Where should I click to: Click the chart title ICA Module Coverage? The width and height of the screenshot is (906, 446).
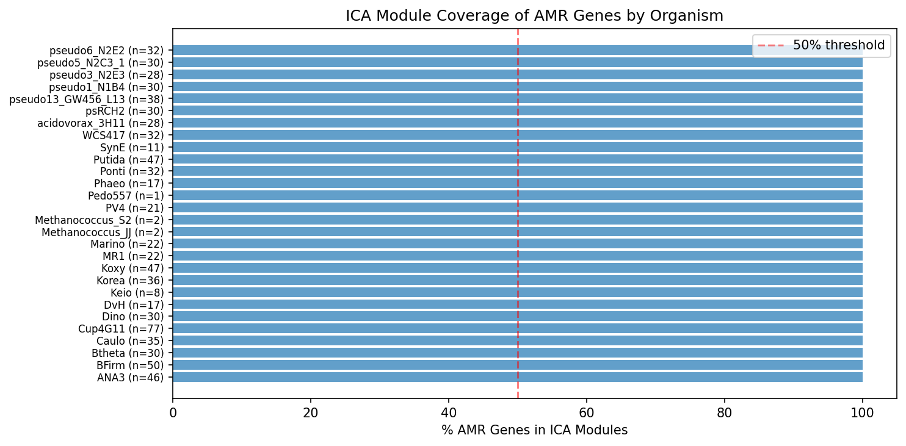pyautogui.click(x=534, y=16)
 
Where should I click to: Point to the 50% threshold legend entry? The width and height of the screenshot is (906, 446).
pyautogui.click(x=821, y=45)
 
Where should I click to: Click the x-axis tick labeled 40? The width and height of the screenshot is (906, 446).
pyautogui.click(x=449, y=412)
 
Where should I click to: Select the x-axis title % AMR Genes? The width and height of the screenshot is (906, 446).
pyautogui.click(x=534, y=430)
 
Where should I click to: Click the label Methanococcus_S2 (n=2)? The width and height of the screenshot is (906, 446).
pyautogui.click(x=99, y=220)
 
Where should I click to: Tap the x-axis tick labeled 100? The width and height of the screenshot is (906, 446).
pyautogui.click(x=862, y=412)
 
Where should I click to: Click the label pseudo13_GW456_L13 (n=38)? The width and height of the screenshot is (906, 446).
pyautogui.click(x=86, y=99)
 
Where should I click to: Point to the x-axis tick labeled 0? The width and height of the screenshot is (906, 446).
pyautogui.click(x=173, y=412)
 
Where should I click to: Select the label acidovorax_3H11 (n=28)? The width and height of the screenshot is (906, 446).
pyautogui.click(x=100, y=123)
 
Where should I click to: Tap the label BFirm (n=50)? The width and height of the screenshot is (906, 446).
pyautogui.click(x=130, y=365)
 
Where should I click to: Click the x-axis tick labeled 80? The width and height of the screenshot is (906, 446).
pyautogui.click(x=724, y=412)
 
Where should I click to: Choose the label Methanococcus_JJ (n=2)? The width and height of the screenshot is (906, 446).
pyautogui.click(x=103, y=232)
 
